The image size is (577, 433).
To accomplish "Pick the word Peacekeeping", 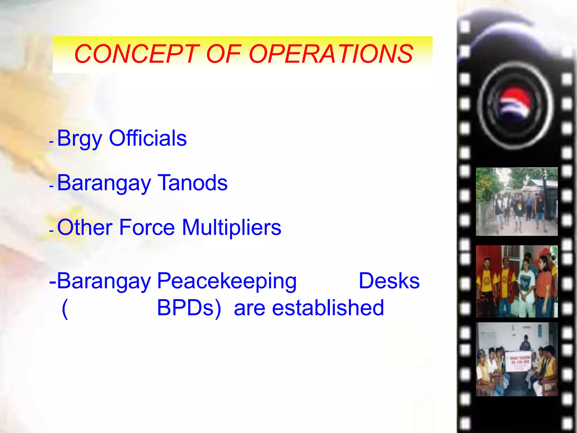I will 227,281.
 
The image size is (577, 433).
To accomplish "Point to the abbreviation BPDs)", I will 189,308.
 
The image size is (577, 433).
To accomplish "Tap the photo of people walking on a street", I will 517,202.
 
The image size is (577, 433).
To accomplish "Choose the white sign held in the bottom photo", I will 518,361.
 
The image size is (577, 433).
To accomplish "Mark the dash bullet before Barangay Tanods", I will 51,186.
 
